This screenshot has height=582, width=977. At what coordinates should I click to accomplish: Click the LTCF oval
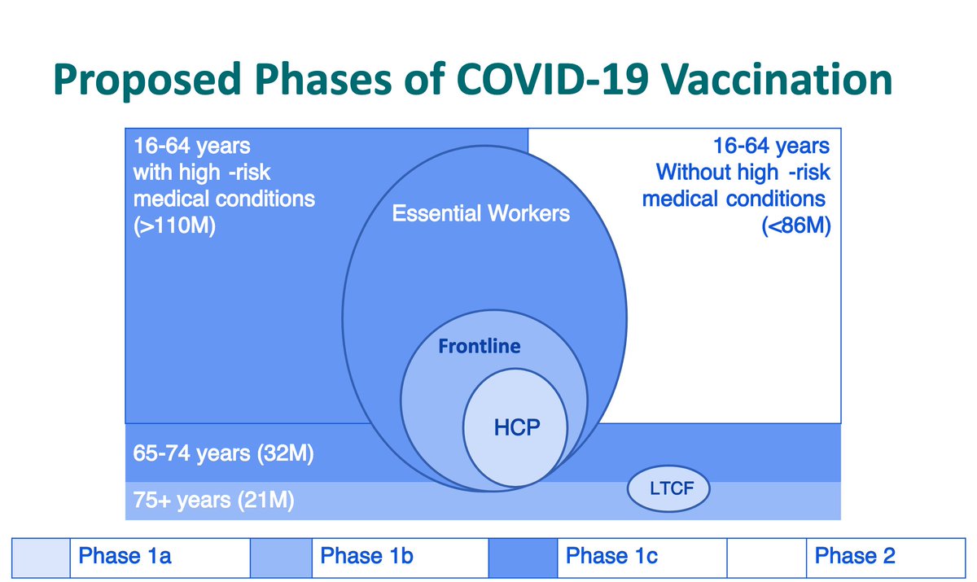[668, 489]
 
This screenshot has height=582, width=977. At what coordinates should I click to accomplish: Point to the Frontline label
[479, 347]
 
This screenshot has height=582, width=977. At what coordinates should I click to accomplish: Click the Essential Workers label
[481, 215]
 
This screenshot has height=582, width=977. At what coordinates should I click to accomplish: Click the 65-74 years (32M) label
[223, 453]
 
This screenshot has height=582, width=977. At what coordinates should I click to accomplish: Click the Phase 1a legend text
[125, 557]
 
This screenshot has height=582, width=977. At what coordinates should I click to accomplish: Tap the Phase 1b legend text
[367, 557]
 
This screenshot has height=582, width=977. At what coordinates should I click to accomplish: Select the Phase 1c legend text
[611, 557]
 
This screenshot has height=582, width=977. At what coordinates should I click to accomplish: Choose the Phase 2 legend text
[854, 557]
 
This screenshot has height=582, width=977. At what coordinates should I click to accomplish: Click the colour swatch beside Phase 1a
[42, 558]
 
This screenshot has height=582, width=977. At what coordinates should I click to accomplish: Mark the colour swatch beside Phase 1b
[281, 558]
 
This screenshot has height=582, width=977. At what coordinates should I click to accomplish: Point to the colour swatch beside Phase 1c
[523, 558]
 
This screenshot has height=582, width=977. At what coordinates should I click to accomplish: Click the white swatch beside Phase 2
[765, 558]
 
